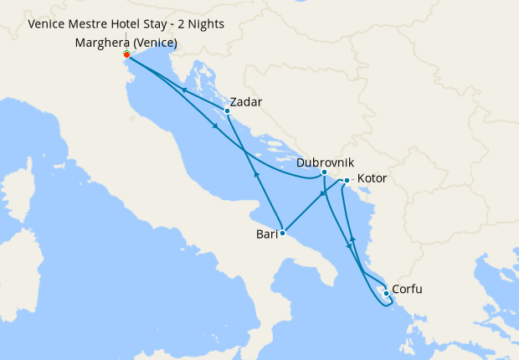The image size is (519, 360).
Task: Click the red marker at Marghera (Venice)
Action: pyautogui.click(x=126, y=54)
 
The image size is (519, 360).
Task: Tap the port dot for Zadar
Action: pyautogui.click(x=227, y=111)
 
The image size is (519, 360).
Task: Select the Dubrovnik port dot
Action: pyautogui.click(x=324, y=172)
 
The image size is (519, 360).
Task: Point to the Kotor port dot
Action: pyautogui.click(x=347, y=180)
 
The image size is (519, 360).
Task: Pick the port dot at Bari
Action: pyautogui.click(x=283, y=234)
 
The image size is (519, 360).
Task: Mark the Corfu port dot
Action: pyautogui.click(x=385, y=293)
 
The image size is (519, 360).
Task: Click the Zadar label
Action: pyautogui.click(x=245, y=102)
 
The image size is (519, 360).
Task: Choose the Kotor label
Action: pyautogui.click(x=372, y=178)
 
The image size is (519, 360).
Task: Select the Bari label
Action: pyautogui.click(x=267, y=235)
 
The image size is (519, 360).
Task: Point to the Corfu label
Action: pyautogui.click(x=406, y=290)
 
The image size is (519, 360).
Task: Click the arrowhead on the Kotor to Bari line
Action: pyautogui.click(x=321, y=195)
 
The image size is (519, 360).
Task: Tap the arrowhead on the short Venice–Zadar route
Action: pyautogui.click(x=182, y=90)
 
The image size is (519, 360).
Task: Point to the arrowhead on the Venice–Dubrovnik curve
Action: pyautogui.click(x=216, y=126)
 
